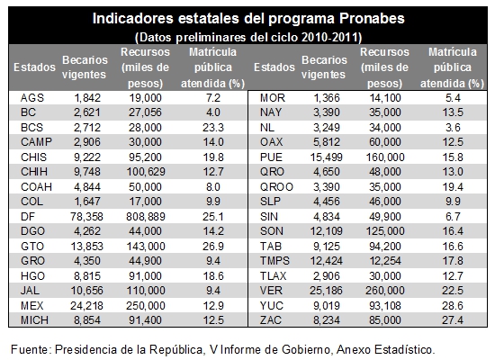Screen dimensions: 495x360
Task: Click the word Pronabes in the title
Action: [372, 18]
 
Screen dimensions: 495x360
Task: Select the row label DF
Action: [28, 217]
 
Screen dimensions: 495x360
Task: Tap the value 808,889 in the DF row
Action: [146, 217]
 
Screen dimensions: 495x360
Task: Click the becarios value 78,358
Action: [86, 217]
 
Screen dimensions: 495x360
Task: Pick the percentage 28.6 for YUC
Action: [453, 306]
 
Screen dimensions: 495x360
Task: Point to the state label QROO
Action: [276, 187]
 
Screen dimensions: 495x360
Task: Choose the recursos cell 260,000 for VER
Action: [385, 291]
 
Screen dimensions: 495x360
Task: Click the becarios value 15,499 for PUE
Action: [326, 157]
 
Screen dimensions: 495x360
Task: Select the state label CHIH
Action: [34, 172]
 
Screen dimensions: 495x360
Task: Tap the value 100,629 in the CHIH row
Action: [146, 172]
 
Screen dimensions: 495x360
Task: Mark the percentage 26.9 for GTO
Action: [213, 247]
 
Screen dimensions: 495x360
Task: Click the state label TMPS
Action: [274, 261]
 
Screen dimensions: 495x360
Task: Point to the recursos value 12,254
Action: [385, 261]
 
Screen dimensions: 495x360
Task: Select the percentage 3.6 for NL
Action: [453, 128]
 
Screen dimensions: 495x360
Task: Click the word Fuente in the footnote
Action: [30, 349]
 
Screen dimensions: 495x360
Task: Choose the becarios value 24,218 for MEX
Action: [86, 306]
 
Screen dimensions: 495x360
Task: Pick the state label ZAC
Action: [271, 320]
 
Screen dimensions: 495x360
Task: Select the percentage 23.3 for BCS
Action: [213, 128]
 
